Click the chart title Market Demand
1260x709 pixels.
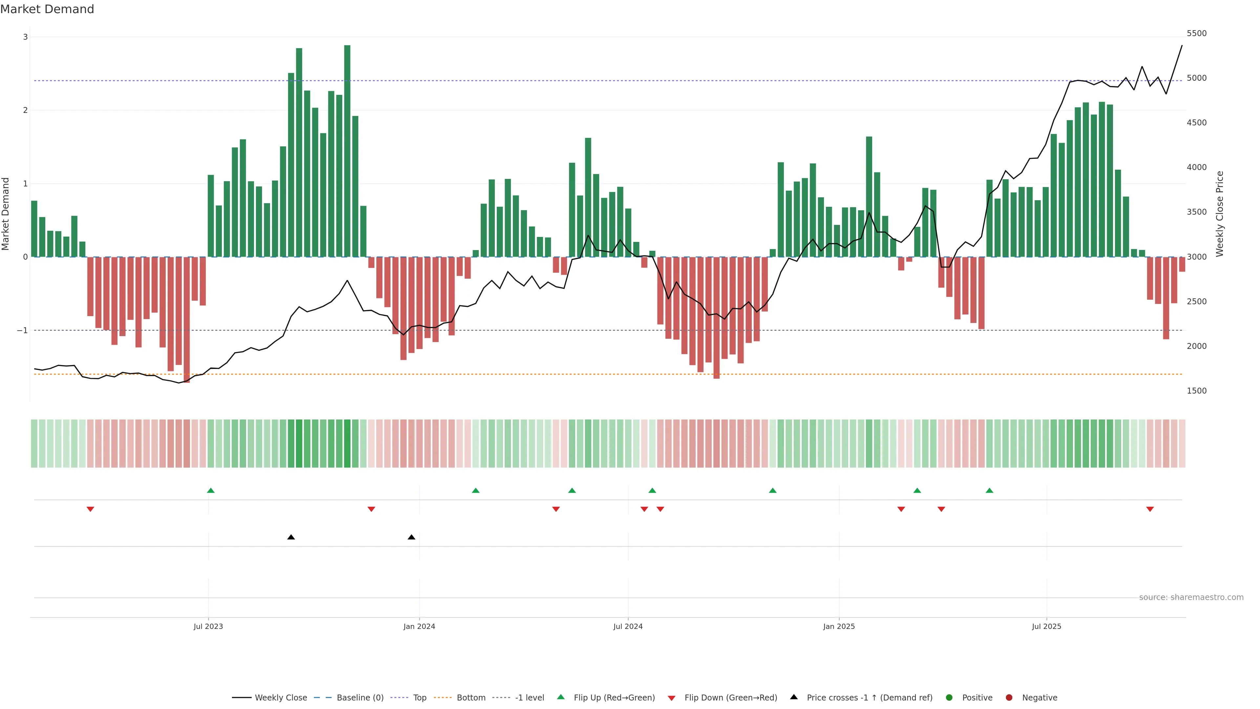click(x=47, y=9)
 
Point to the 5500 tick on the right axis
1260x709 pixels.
click(x=1196, y=33)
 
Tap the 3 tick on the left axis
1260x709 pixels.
click(x=26, y=37)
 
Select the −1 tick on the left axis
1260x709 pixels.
click(x=23, y=331)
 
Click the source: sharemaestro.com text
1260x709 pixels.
click(x=1191, y=597)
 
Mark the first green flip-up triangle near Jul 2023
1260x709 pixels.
click(x=211, y=490)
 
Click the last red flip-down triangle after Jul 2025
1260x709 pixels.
click(x=1150, y=509)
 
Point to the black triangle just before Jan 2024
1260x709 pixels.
click(x=411, y=537)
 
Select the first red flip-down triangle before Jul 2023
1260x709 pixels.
click(x=91, y=509)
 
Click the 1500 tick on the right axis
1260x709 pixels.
click(x=1196, y=391)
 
